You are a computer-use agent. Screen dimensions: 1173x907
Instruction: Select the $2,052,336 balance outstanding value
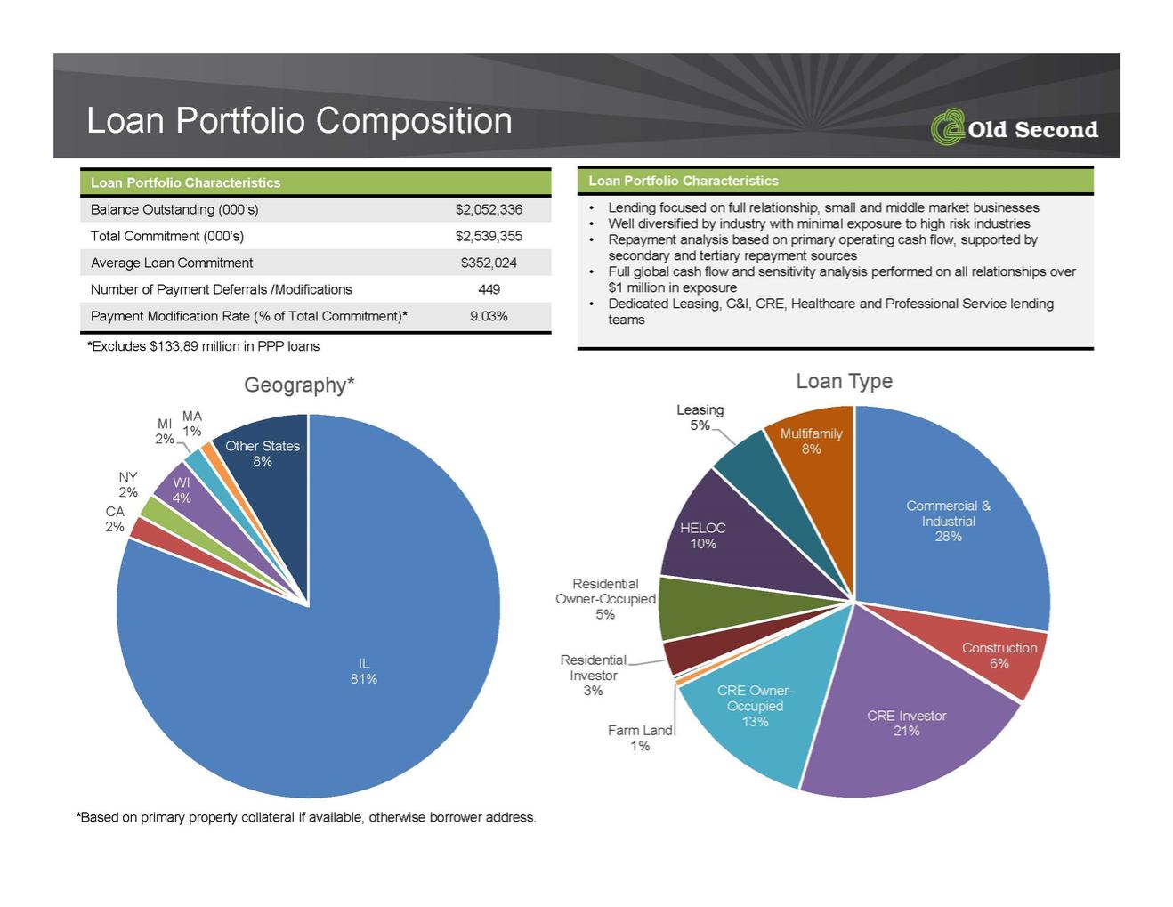point(489,209)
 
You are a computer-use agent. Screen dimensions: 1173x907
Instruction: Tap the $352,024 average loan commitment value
point(489,263)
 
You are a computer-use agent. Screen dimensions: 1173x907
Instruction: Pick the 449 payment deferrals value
point(489,289)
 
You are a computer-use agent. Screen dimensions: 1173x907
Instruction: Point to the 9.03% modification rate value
point(489,316)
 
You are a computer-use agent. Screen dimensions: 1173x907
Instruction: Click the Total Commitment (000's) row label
point(167,237)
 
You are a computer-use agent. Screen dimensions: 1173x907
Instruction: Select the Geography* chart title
point(299,385)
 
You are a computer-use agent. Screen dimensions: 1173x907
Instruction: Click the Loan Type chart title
point(845,381)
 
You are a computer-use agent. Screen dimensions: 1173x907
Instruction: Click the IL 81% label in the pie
point(364,671)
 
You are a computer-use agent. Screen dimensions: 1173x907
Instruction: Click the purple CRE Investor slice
point(907,724)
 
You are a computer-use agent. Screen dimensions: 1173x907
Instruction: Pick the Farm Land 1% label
point(640,738)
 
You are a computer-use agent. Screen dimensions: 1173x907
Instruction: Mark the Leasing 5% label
point(700,417)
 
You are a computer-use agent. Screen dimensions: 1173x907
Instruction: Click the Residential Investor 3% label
point(594,675)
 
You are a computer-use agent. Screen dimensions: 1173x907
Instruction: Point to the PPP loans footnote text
point(204,346)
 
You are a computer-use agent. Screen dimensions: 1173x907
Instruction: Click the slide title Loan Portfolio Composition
point(299,120)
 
